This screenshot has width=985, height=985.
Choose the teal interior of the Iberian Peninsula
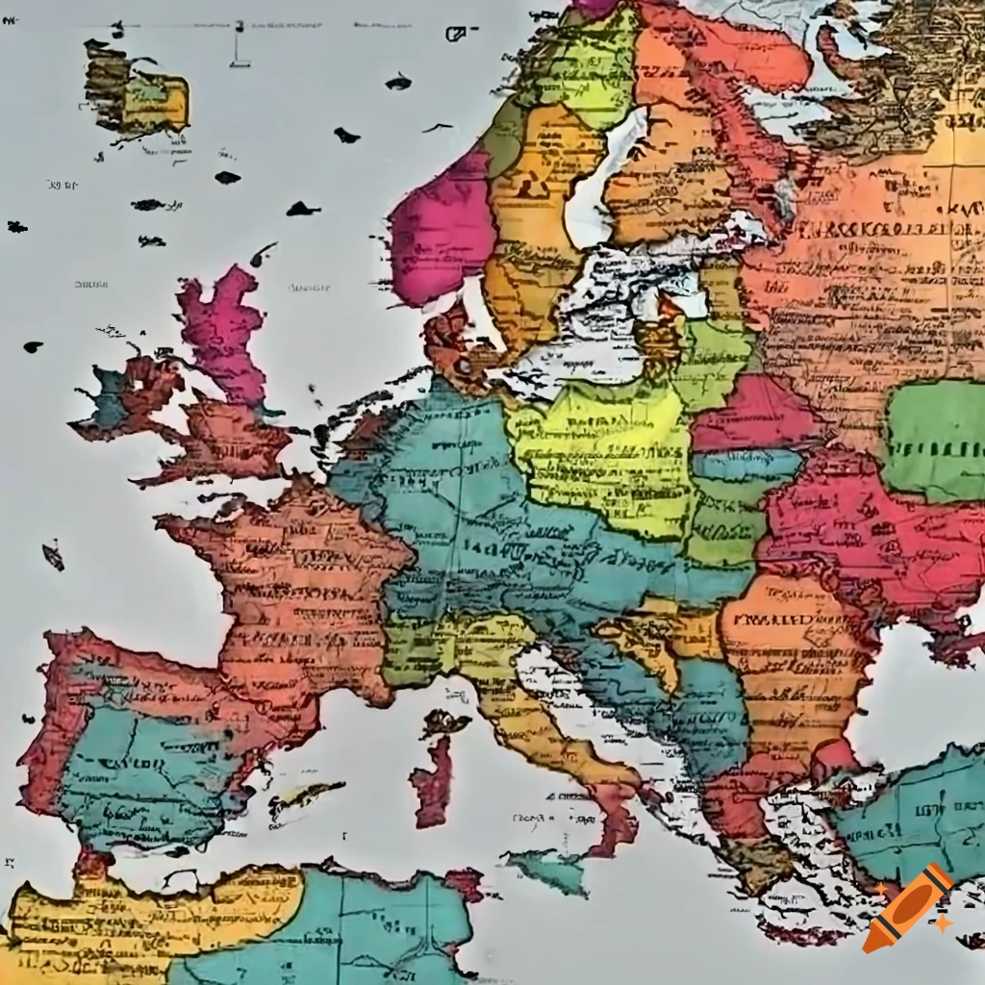pos(144,770)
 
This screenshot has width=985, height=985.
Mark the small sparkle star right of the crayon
pos(943,922)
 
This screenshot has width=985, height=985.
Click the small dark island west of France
pos(53,556)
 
